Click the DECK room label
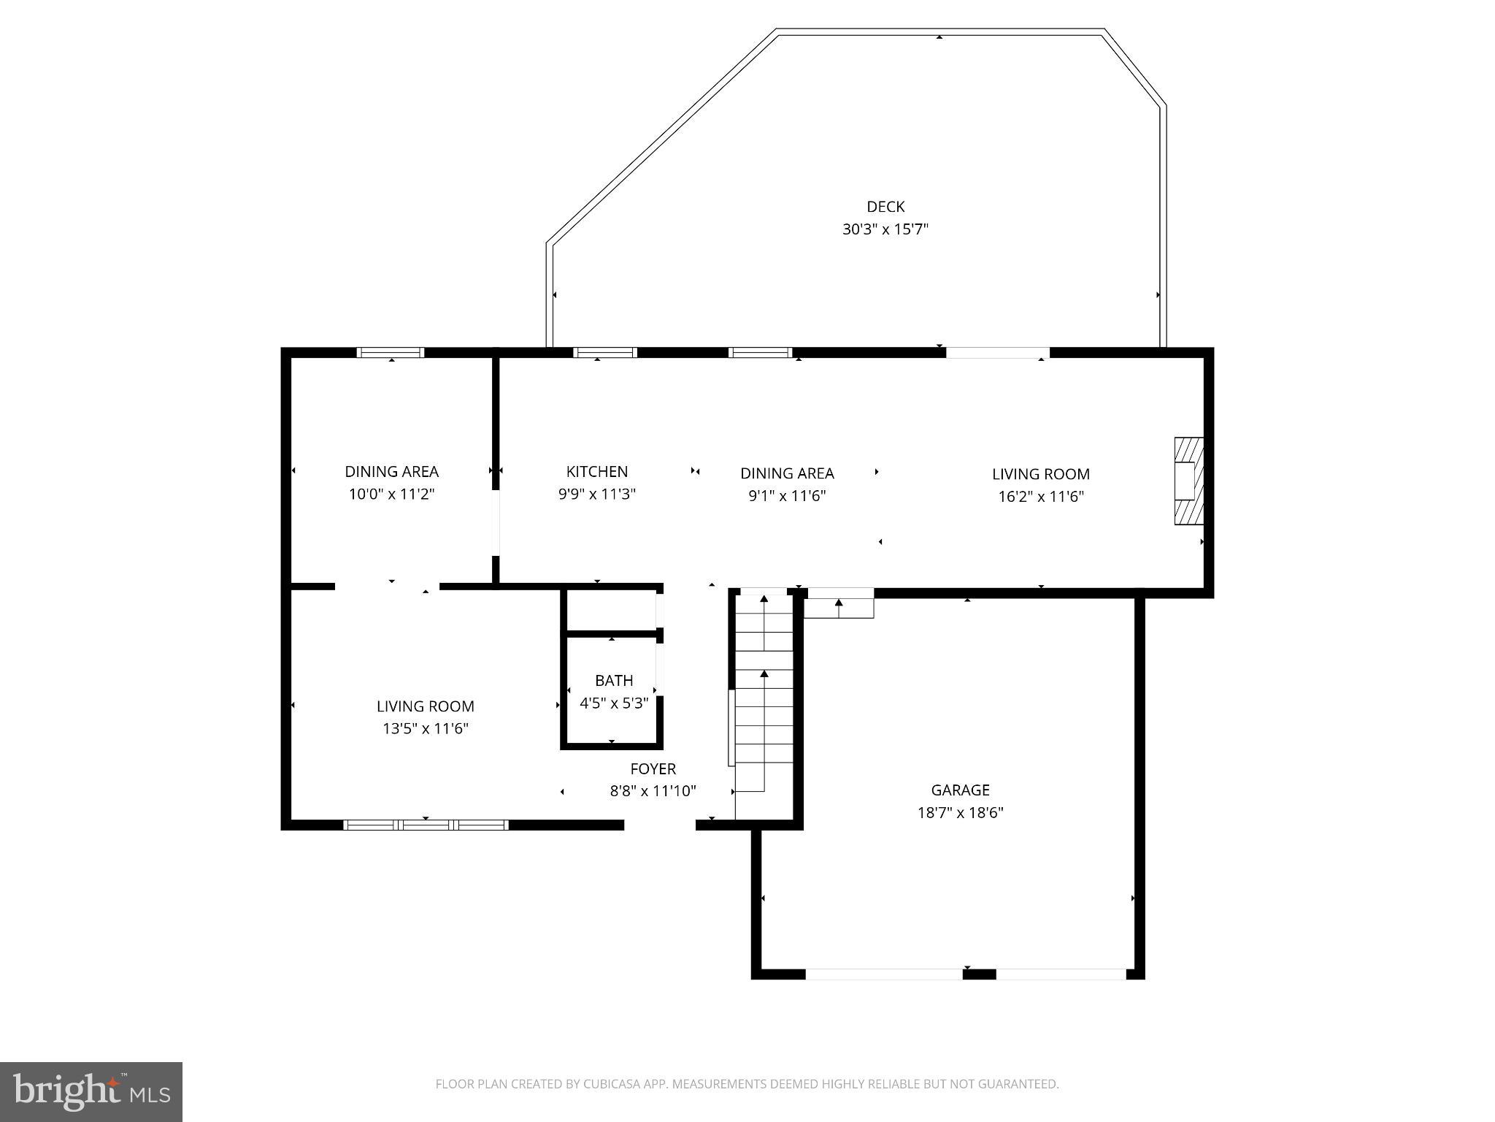[885, 207]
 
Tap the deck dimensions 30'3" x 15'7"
[885, 229]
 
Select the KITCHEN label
[596, 472]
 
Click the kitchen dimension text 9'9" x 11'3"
[596, 495]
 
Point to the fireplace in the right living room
[1187, 481]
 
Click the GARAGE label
[960, 790]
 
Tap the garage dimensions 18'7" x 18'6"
[960, 812]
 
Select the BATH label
[614, 681]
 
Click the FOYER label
[653, 768]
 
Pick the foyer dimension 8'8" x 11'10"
[653, 791]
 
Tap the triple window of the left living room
[426, 825]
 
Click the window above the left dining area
[391, 353]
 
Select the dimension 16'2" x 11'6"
[1040, 497]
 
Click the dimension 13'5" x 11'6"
[425, 728]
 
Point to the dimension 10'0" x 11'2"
[391, 495]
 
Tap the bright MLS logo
[91, 1092]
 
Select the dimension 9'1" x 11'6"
[787, 496]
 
